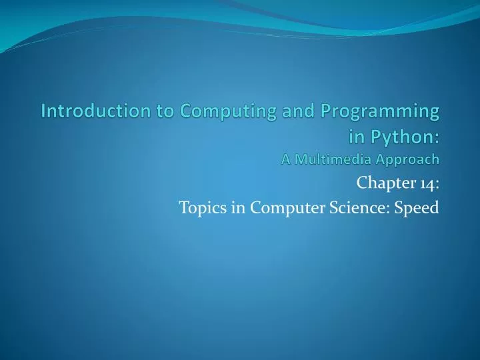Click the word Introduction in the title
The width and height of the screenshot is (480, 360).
[x=86, y=111]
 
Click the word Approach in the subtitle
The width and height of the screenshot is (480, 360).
[x=407, y=159]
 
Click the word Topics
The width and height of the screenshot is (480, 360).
[x=201, y=208]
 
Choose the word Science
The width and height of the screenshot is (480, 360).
[x=359, y=207]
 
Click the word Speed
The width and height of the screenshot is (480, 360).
[x=417, y=208]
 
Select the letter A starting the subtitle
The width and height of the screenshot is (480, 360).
[x=286, y=159]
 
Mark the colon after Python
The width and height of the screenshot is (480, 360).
[x=436, y=138]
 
